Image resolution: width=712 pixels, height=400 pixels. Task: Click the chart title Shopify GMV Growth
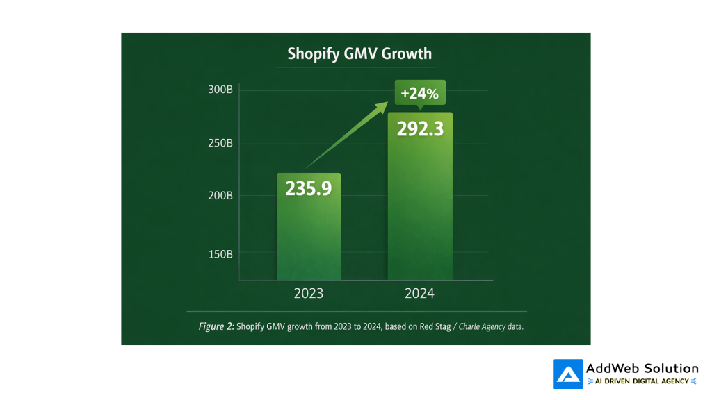359,53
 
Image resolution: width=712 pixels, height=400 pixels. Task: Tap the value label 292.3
420,129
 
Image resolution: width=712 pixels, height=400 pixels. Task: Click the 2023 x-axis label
309,294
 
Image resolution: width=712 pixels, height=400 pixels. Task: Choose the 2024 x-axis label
419,294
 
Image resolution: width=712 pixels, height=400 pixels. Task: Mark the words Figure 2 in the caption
216,326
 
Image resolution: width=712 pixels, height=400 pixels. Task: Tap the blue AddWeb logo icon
568,374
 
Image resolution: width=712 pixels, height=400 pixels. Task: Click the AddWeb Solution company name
642,368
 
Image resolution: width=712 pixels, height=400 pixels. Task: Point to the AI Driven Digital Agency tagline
642,381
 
